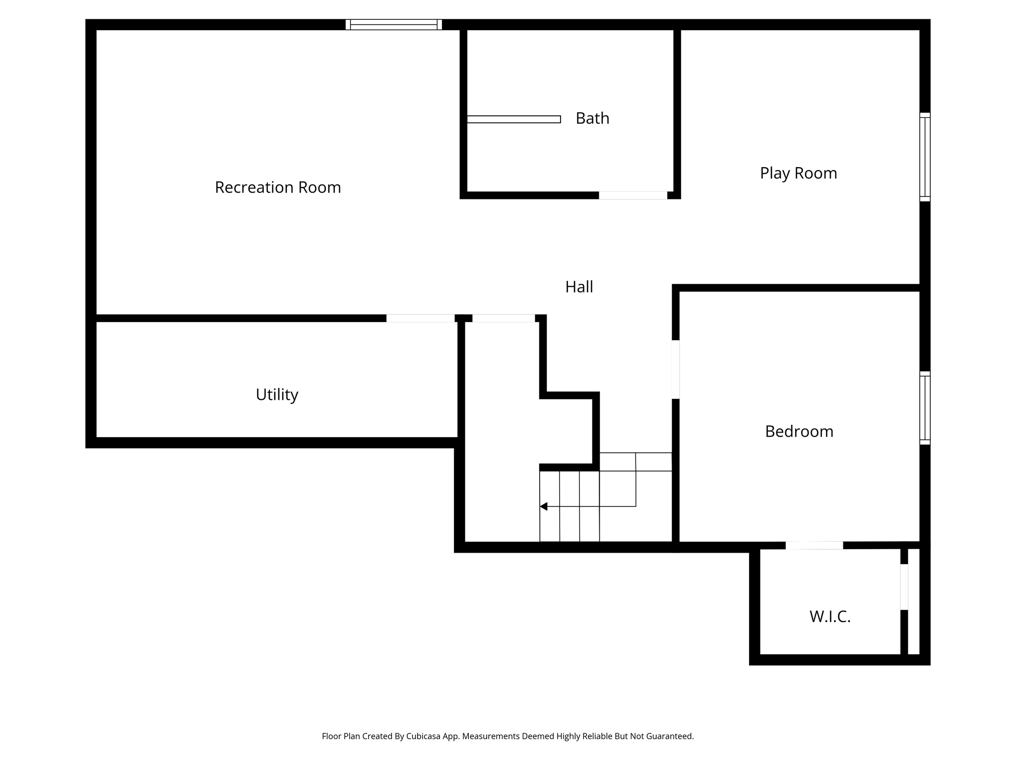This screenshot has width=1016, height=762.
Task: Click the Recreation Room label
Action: [278, 188]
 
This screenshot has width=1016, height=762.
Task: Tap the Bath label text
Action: [592, 119]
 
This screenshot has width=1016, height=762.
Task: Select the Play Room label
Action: [798, 173]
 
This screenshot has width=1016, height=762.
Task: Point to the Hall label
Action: [579, 287]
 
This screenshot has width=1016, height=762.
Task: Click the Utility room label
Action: [277, 394]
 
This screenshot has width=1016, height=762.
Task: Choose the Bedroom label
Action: [799, 431]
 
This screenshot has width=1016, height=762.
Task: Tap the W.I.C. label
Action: [829, 617]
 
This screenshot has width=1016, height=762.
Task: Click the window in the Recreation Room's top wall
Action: [393, 25]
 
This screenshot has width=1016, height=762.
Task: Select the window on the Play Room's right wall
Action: [925, 157]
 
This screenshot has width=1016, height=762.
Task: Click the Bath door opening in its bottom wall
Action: [633, 195]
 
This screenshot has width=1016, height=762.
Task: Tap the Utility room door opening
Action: [420, 318]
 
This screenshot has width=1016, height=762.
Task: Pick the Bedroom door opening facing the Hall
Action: [676, 369]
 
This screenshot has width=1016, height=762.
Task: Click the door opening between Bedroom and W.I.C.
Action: [814, 546]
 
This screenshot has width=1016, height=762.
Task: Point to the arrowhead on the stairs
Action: [544, 507]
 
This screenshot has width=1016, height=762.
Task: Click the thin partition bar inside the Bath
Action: [513, 119]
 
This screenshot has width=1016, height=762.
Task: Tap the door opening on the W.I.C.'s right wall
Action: [904, 587]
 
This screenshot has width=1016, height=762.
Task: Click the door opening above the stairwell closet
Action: [503, 318]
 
